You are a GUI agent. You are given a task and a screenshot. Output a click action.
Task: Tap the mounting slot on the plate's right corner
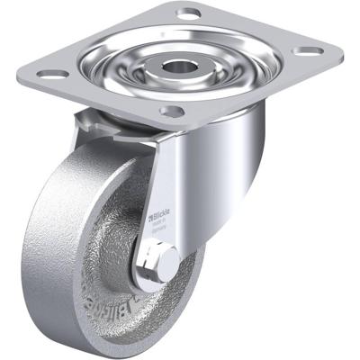309,51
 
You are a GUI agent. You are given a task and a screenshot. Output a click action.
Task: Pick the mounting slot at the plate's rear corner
189,13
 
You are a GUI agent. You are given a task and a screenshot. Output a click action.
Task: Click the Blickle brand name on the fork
164,216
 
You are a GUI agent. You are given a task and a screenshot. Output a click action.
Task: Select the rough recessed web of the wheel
117,261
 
